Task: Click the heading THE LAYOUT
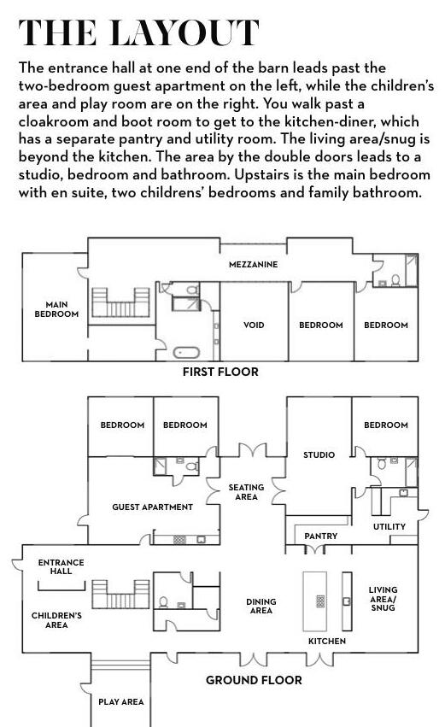pyautogui.click(x=138, y=32)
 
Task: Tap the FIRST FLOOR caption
pyautogui.click(x=220, y=372)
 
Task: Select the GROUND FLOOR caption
pyautogui.click(x=254, y=680)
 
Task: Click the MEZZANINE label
pyautogui.click(x=253, y=264)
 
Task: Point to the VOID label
pyautogui.click(x=254, y=325)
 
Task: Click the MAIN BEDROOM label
pyautogui.click(x=56, y=309)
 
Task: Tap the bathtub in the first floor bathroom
pyautogui.click(x=186, y=352)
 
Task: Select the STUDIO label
pyautogui.click(x=319, y=454)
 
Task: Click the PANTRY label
pyautogui.click(x=321, y=536)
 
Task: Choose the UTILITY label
pyautogui.click(x=389, y=527)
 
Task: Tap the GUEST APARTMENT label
pyautogui.click(x=153, y=507)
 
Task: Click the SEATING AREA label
pyautogui.click(x=246, y=492)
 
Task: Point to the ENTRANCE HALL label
pyautogui.click(x=61, y=566)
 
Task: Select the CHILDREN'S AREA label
pyautogui.click(x=56, y=620)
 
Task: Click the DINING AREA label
pyautogui.click(x=261, y=606)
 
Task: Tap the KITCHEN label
pyautogui.click(x=327, y=642)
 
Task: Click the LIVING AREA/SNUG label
pyautogui.click(x=383, y=599)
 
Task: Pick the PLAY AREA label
pyautogui.click(x=121, y=702)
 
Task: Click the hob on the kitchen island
pyautogui.click(x=320, y=601)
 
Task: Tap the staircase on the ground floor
pyautogui.click(x=121, y=595)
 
